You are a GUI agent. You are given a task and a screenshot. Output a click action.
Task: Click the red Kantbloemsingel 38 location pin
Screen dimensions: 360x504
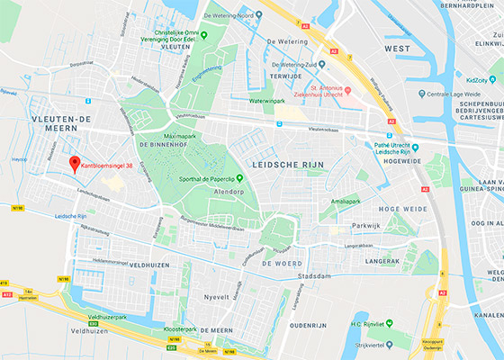coord(75,139)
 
